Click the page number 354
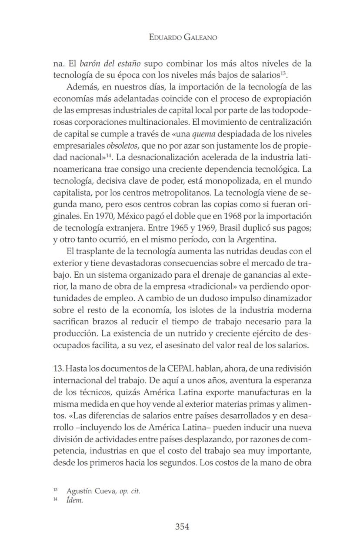click(x=182, y=527)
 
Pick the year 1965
click(x=173, y=227)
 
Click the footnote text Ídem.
click(x=75, y=501)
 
